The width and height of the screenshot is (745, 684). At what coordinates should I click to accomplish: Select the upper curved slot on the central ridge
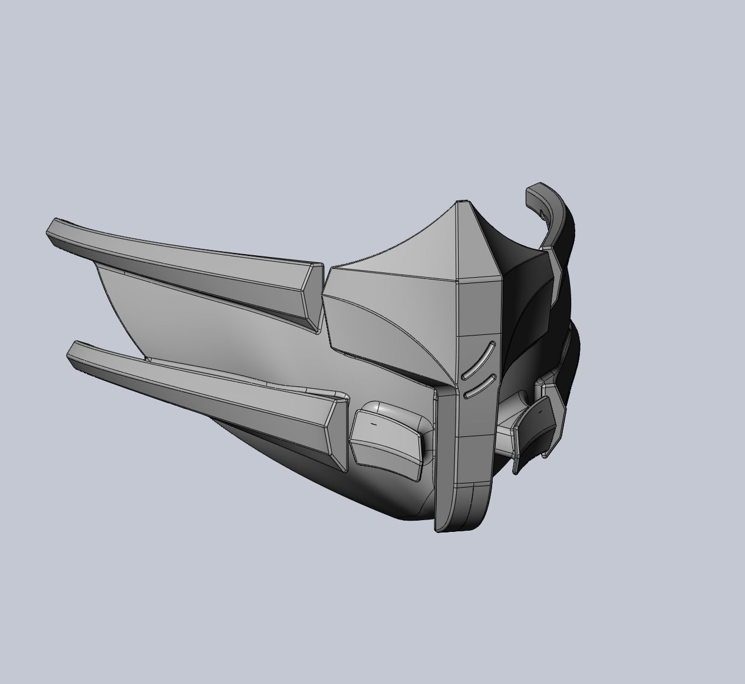click(478, 360)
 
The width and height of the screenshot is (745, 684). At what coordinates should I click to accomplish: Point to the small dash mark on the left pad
click(373, 423)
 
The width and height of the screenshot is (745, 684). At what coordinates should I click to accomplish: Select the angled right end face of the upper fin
click(312, 298)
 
